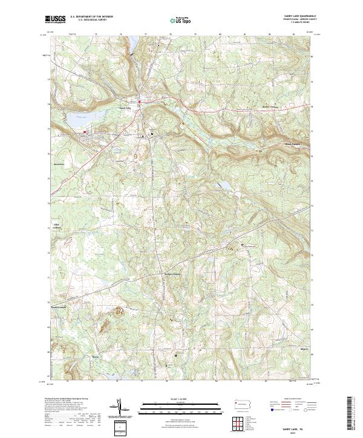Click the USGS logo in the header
click(x=55, y=19)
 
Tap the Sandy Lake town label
click(x=124, y=108)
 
